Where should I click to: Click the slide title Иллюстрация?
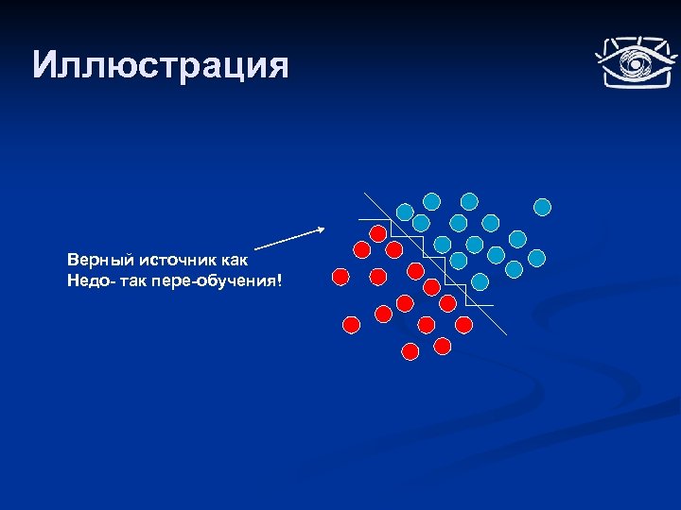click(159, 65)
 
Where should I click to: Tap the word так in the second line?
click(139, 280)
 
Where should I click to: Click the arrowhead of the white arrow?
click(322, 229)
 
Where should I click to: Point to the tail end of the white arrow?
click(256, 248)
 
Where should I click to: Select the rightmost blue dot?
click(543, 205)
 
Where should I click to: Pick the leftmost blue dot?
click(405, 212)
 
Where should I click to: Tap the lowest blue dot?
click(480, 281)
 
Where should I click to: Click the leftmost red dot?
click(340, 277)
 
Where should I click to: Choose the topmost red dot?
click(377, 231)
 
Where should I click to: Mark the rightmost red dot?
click(463, 324)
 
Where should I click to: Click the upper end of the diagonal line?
click(364, 194)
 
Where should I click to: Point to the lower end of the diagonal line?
click(506, 334)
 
